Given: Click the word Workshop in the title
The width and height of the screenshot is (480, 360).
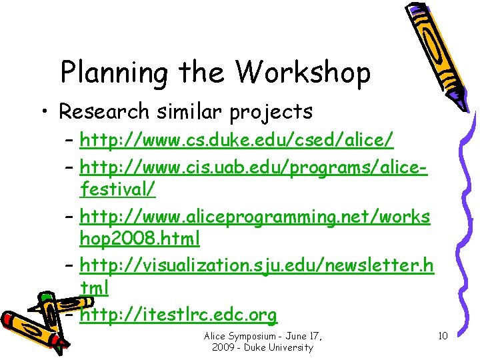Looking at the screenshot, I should pyautogui.click(x=303, y=72).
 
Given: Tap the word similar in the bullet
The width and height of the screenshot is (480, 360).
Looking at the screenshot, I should pyautogui.click(x=187, y=111).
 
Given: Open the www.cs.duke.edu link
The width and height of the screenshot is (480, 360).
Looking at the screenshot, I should pyautogui.click(x=236, y=141).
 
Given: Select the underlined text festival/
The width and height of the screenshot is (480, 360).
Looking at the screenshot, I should pyautogui.click(x=117, y=189).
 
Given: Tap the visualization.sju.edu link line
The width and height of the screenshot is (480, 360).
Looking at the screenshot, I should pyautogui.click(x=256, y=265).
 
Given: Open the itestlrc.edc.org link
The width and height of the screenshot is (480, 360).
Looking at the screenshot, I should pyautogui.click(x=178, y=313).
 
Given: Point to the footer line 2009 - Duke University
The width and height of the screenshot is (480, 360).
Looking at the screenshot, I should pyautogui.click(x=261, y=347).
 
